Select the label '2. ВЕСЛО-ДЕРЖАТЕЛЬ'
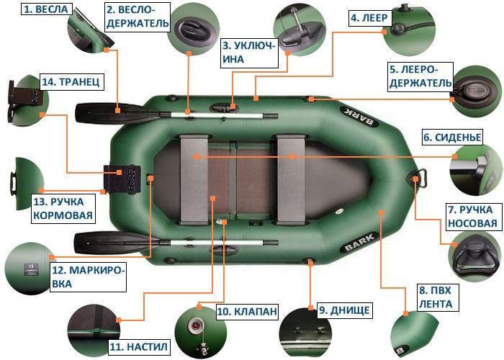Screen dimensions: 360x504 pyautogui.click(x=138, y=16)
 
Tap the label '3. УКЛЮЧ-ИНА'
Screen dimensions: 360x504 pyautogui.click(x=249, y=53)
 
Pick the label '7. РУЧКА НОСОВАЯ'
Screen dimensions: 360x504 pyautogui.click(x=472, y=216)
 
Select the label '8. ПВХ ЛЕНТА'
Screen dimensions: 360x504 pyautogui.click(x=434, y=297)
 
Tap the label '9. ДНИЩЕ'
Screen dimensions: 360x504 pyautogui.click(x=344, y=310)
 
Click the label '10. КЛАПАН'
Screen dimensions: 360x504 pyautogui.click(x=246, y=311)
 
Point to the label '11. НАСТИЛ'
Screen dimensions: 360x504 pyautogui.click(x=139, y=346)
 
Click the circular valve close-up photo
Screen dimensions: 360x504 pyautogui.click(x=194, y=328)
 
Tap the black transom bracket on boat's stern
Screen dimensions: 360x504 pyautogui.click(x=120, y=177)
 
